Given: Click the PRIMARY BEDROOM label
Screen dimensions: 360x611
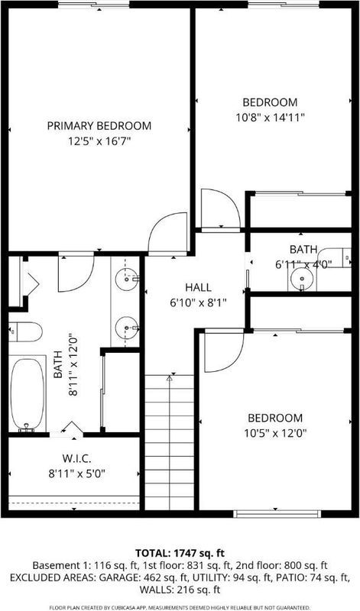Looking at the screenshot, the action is (x=99, y=126).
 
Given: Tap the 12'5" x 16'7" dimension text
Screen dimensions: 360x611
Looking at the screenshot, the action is (x=99, y=141).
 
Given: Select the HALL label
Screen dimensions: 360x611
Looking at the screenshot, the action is (x=198, y=288).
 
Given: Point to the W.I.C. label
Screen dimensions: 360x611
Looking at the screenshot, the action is (x=73, y=458).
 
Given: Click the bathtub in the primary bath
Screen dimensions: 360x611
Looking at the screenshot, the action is (x=28, y=395).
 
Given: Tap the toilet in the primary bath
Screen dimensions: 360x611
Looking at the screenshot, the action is (x=25, y=332).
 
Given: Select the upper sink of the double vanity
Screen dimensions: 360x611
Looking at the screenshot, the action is (x=127, y=279).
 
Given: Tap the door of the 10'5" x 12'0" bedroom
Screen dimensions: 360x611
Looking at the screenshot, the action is (x=223, y=351).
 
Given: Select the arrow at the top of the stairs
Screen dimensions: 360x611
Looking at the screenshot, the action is (x=169, y=377).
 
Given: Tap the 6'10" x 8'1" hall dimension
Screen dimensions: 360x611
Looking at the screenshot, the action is (x=198, y=302).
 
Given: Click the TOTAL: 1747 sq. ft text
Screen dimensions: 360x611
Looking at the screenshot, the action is (x=180, y=553).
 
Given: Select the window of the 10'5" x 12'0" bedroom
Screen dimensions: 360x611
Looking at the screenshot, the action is (x=277, y=513).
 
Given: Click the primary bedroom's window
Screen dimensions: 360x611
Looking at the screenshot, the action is (x=93, y=5).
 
